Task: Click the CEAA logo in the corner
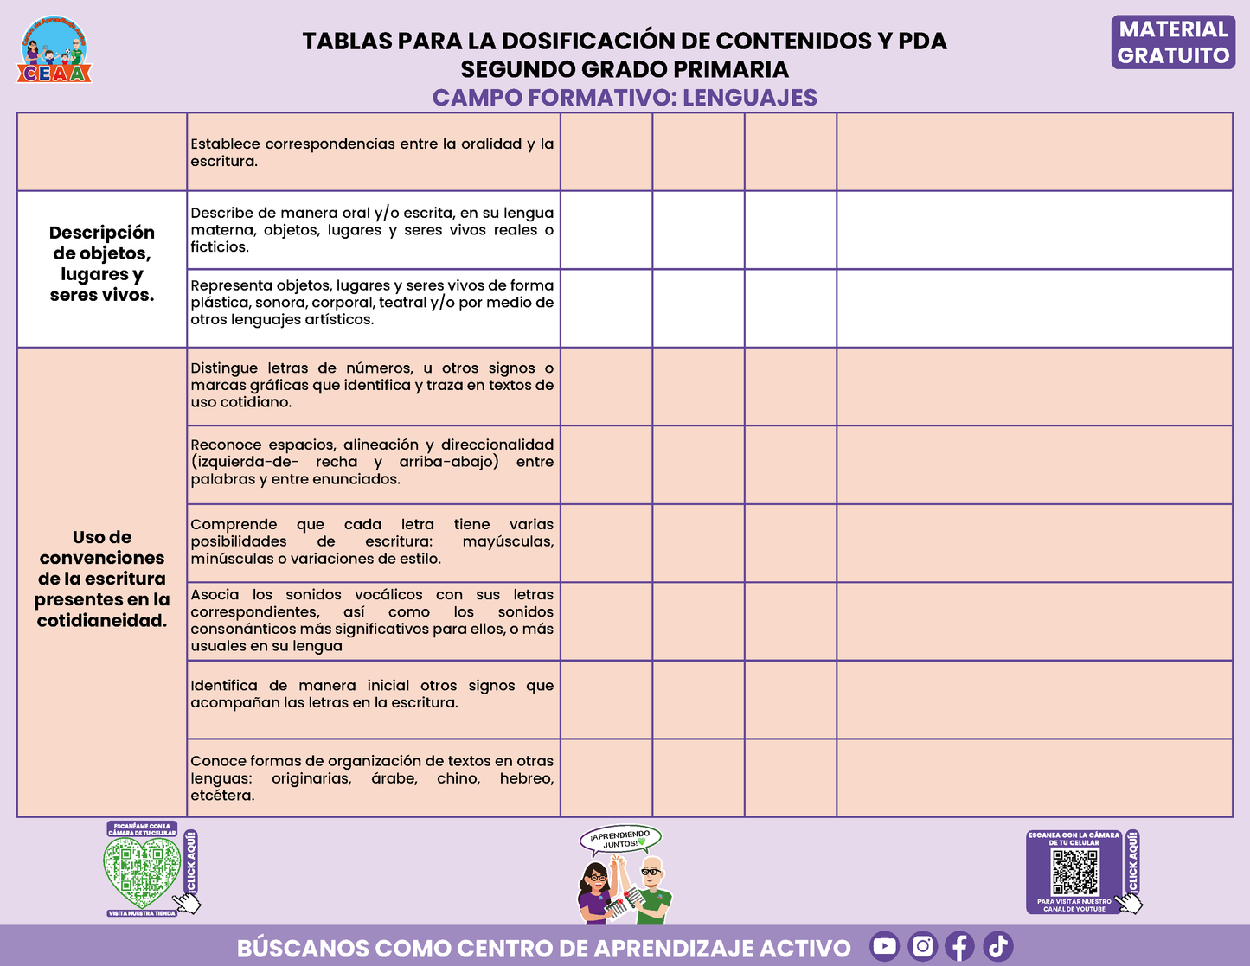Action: pos(54,50)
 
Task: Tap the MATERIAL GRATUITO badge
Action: pos(1173,42)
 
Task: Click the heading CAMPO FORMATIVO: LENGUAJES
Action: pos(625,98)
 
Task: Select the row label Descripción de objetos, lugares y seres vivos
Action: pos(102,264)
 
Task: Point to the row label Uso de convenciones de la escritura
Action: pos(102,579)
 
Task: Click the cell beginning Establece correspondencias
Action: pos(372,152)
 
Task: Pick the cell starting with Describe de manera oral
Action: pos(372,230)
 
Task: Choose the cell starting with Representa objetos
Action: pos(372,303)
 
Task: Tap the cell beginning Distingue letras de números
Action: pos(372,385)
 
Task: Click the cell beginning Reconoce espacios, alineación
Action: pos(372,462)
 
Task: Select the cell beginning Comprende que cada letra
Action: pos(372,541)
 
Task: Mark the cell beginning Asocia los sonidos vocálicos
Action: pos(372,620)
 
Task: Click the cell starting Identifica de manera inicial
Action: pos(372,694)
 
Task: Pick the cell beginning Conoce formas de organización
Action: pos(372,778)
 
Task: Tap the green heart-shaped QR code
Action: pos(140,871)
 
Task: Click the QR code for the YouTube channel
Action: pos(1074,872)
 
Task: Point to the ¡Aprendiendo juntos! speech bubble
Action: pos(620,838)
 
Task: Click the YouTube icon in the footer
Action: pos(884,946)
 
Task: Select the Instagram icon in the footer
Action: pos(923,946)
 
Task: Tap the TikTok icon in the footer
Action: pos(998,946)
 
